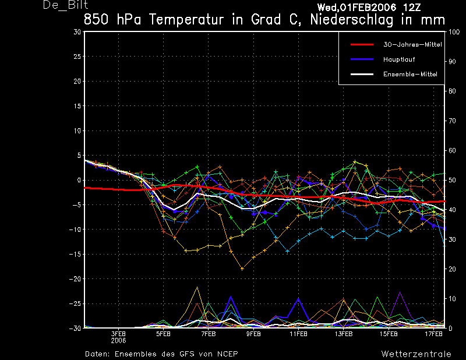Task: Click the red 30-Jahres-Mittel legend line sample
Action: pos(362,45)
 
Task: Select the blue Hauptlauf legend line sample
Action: pos(362,59)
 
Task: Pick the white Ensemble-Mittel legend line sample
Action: pos(362,75)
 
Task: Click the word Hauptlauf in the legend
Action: pos(399,59)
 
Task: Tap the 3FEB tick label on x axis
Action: pos(118,334)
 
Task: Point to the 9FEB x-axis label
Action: pos(253,334)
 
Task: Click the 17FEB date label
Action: pos(433,334)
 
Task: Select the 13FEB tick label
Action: pos(344,334)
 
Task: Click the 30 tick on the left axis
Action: pos(77,32)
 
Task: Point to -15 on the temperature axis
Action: pos(75,254)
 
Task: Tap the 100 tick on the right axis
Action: pos(454,32)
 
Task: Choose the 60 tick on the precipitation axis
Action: pos(452,150)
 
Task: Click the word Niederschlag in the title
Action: pos(352,20)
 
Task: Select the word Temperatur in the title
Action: pos(186,20)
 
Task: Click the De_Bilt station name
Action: pos(65,5)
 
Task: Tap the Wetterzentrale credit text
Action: pos(416,354)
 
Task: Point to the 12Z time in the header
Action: pos(412,8)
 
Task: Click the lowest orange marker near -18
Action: pos(242,269)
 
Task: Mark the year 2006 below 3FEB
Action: pos(118,341)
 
